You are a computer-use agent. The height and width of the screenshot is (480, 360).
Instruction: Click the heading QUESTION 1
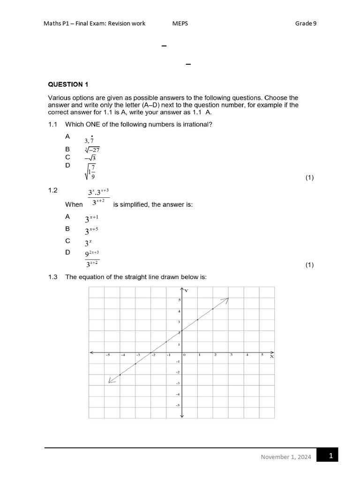(x=68, y=84)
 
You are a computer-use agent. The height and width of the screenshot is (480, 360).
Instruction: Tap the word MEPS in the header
(x=180, y=23)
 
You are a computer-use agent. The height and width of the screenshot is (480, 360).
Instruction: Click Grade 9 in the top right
(x=306, y=23)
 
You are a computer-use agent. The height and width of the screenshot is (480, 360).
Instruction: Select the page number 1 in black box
(x=330, y=455)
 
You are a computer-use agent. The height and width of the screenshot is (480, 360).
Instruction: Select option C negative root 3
(x=90, y=158)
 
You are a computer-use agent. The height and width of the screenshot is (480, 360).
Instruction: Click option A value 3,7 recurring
(x=89, y=140)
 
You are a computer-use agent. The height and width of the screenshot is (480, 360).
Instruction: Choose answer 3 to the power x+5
(x=91, y=231)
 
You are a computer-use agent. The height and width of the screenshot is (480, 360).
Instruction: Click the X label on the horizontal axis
(x=271, y=357)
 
